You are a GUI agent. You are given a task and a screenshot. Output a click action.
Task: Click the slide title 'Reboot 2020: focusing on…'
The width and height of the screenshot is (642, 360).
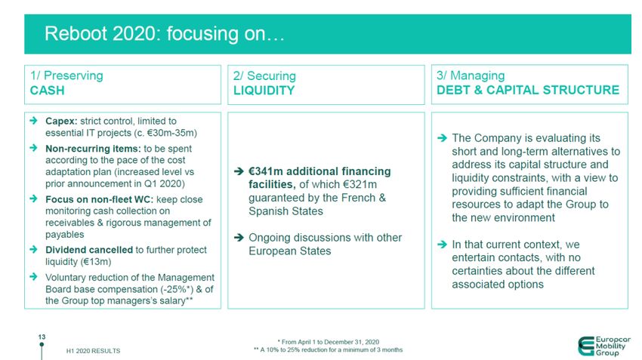coord(164,33)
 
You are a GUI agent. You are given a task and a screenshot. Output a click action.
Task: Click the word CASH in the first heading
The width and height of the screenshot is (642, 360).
coord(47,91)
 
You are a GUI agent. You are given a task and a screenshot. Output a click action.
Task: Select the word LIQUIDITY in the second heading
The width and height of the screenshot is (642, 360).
coord(264,91)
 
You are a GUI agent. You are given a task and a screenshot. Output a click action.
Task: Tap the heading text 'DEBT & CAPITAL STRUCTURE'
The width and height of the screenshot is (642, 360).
coord(528,90)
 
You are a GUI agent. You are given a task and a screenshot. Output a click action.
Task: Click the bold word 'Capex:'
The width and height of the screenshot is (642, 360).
coord(61,122)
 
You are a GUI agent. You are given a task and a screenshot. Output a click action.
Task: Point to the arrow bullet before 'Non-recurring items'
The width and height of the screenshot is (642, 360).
coord(33,148)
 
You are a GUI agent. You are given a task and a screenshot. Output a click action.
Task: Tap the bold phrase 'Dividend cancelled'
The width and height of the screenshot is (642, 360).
coord(89,250)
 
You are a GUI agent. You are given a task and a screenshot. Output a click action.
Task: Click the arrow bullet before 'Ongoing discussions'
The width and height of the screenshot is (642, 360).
coord(239,237)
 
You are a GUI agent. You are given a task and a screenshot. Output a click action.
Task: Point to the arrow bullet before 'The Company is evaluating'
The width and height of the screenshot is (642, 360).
coord(442,138)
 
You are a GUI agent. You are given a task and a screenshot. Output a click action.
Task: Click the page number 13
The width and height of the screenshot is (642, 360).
coord(42,337)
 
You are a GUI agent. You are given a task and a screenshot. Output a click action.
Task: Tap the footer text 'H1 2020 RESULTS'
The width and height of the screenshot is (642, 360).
coord(94,351)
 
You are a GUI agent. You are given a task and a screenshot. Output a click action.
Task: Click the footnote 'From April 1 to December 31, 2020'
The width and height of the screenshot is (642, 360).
coord(329,342)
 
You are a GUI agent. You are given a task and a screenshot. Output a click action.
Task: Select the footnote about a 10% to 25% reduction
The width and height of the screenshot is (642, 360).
coord(329,349)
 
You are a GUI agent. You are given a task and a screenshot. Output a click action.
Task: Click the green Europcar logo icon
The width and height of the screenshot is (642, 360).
coord(586,346)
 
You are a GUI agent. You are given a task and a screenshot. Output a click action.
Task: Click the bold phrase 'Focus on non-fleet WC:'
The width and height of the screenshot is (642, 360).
coord(99,200)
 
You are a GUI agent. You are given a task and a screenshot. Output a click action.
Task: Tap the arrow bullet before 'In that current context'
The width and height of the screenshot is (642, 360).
coord(442,245)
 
